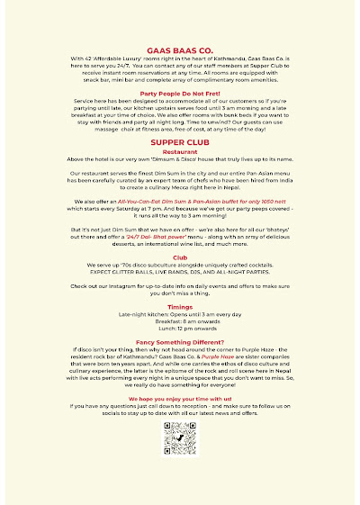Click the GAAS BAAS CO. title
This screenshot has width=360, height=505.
pyautogui.click(x=180, y=54)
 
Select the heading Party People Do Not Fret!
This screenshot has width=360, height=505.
pyautogui.click(x=180, y=118)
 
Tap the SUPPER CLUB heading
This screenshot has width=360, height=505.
pyautogui.click(x=180, y=168)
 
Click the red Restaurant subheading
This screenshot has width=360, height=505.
pyautogui.click(x=180, y=178)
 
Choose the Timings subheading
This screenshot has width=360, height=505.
pyautogui.click(x=180, y=331)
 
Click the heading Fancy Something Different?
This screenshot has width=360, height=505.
pyautogui.click(x=180, y=367)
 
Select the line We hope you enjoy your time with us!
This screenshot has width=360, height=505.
pyautogui.click(x=180, y=421)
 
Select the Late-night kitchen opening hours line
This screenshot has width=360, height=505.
pyautogui.click(x=180, y=340)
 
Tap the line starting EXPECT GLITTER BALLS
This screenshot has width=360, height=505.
pyautogui.click(x=180, y=297)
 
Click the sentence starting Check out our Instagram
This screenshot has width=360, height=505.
pyautogui.click(x=180, y=311)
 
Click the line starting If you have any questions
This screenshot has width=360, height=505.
pyautogui.click(x=180, y=430)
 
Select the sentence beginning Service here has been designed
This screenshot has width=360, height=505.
pyautogui.click(x=180, y=128)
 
